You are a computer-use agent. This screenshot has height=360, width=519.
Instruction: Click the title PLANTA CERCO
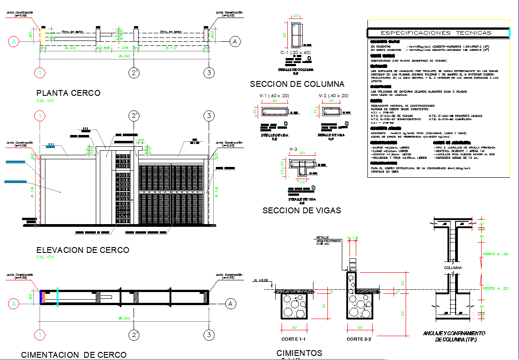click(x=68, y=93)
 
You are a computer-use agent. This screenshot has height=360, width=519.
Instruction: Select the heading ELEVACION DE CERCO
click(x=82, y=250)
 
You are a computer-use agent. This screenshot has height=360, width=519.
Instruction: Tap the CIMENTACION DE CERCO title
click(x=74, y=355)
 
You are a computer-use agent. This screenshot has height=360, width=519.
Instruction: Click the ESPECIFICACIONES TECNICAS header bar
click(x=435, y=32)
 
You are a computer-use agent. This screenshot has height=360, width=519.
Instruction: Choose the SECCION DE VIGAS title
click(x=301, y=210)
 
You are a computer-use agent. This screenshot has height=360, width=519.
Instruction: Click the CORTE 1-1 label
click(x=293, y=339)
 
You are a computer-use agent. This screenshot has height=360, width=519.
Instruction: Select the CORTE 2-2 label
click(x=359, y=339)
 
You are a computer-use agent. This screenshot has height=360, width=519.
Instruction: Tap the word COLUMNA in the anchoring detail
click(x=453, y=268)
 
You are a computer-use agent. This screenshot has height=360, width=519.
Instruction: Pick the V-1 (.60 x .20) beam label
click(x=274, y=96)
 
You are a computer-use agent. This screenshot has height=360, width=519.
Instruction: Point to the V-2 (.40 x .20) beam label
click(x=333, y=96)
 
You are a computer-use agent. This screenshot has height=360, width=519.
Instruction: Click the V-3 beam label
click(x=294, y=149)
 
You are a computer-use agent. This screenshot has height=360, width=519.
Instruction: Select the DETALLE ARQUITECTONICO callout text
click(x=328, y=240)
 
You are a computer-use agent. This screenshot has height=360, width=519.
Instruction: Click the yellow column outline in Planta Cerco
click(x=43, y=36)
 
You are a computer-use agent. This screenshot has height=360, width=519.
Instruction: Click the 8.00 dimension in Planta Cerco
click(x=124, y=56)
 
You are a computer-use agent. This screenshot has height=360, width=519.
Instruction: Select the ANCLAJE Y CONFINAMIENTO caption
click(x=454, y=336)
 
